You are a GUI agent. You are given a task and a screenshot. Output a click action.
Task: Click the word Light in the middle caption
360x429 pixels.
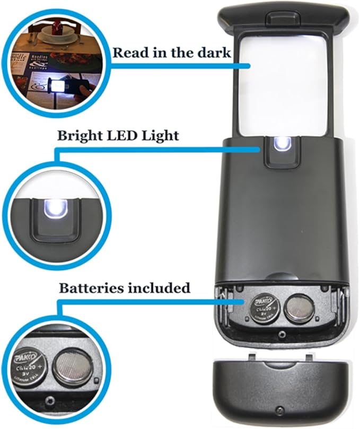pos(161,136)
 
